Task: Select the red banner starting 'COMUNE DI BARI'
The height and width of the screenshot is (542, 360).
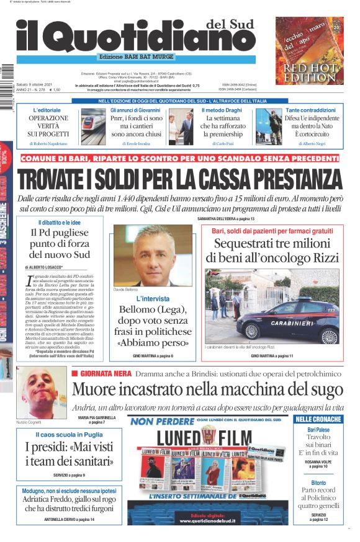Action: point(179,159)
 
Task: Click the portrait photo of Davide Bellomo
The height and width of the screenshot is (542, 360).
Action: point(151,255)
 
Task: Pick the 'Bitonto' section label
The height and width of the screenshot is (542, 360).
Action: point(318,482)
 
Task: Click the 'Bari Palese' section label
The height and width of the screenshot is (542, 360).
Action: point(318,430)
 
